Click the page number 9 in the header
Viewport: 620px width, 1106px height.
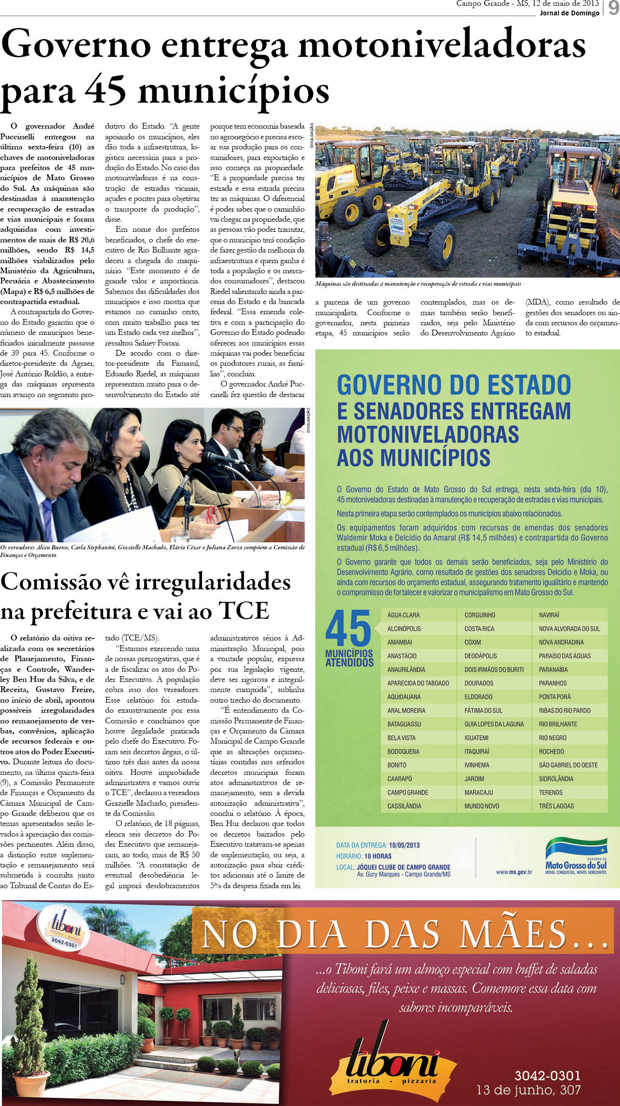[x=612, y=8]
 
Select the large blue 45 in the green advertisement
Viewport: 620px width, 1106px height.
[x=348, y=628]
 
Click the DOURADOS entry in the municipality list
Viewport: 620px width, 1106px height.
[x=479, y=683]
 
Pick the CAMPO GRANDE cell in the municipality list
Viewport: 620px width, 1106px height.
[x=408, y=792]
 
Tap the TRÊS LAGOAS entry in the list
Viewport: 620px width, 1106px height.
[x=556, y=806]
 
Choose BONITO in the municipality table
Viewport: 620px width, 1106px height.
[x=397, y=765]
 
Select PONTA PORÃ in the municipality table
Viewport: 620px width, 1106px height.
[x=554, y=697]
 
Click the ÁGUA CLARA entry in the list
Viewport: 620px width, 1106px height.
[x=403, y=615]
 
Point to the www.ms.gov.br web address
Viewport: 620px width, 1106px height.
[x=513, y=872]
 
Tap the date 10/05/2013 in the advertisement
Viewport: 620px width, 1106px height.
[x=404, y=845]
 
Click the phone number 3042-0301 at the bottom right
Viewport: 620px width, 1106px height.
[x=547, y=1076]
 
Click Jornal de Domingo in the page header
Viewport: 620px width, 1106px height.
[x=569, y=13]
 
